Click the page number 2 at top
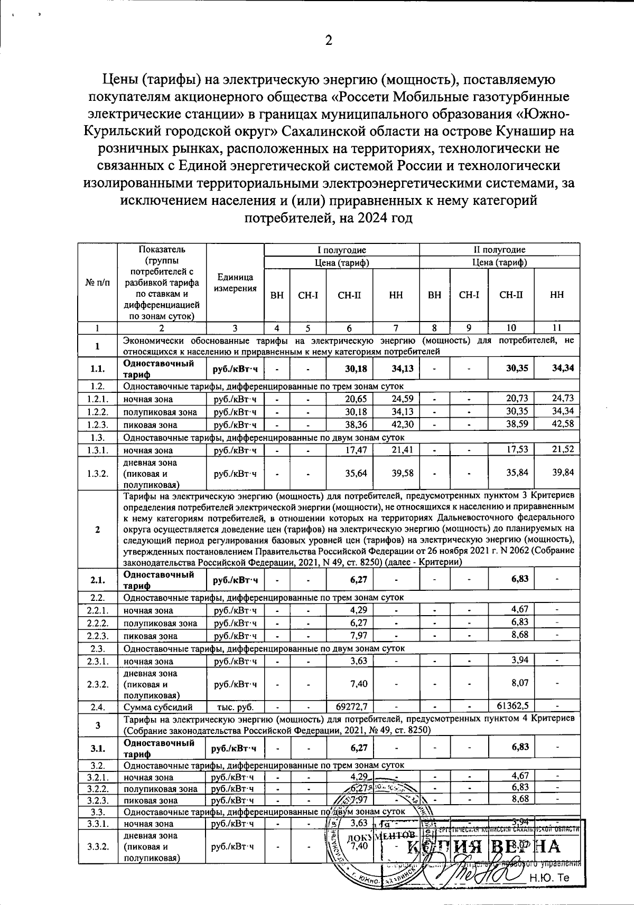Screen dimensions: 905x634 coord(328,41)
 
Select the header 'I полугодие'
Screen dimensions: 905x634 coord(341,250)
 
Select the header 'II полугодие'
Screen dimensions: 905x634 coord(499,250)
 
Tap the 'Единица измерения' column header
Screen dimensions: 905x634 coord(235,282)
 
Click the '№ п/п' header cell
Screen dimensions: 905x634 coord(98,282)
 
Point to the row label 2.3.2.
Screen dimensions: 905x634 coord(98,684)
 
